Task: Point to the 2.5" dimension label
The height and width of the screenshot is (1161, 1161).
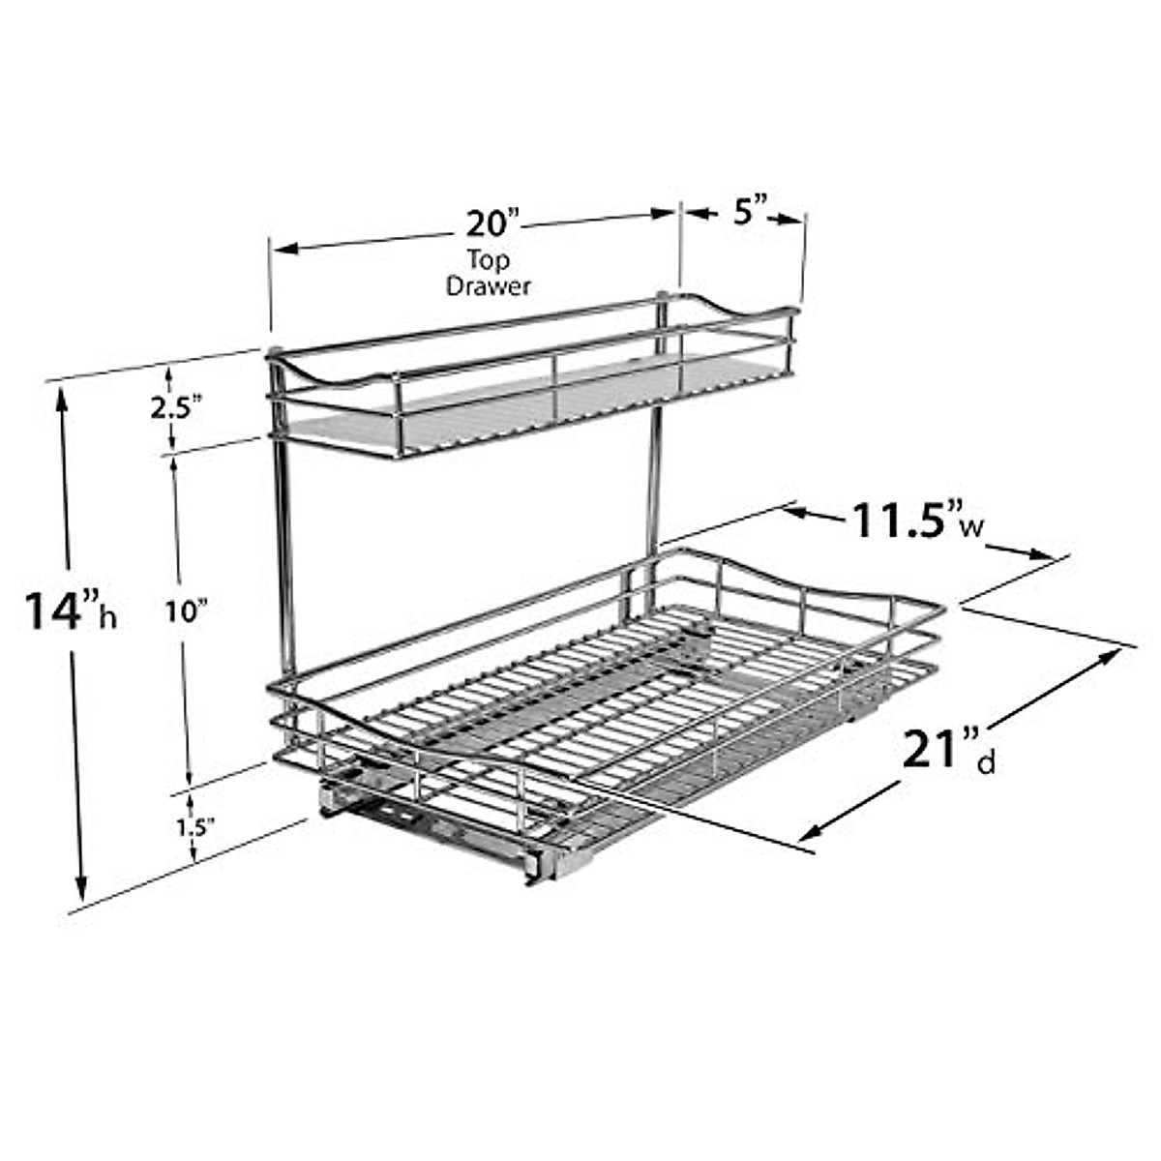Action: tap(175, 408)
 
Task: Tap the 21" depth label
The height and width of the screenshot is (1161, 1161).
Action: tap(935, 750)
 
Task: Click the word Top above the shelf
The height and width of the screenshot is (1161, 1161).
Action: tap(489, 260)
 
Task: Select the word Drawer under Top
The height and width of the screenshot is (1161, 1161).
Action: tap(489, 286)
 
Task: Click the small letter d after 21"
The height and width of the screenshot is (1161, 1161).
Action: tap(985, 764)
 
